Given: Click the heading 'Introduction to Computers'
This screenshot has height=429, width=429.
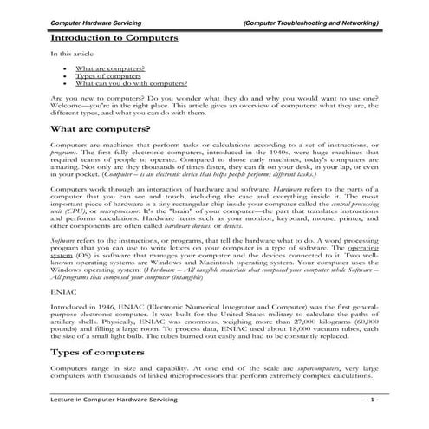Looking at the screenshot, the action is [x=114, y=38].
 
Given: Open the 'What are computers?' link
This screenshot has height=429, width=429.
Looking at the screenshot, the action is [x=109, y=67].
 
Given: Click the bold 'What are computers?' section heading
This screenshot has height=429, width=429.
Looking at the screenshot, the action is [x=101, y=128].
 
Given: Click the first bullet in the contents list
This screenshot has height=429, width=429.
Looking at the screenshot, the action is [x=65, y=67].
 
